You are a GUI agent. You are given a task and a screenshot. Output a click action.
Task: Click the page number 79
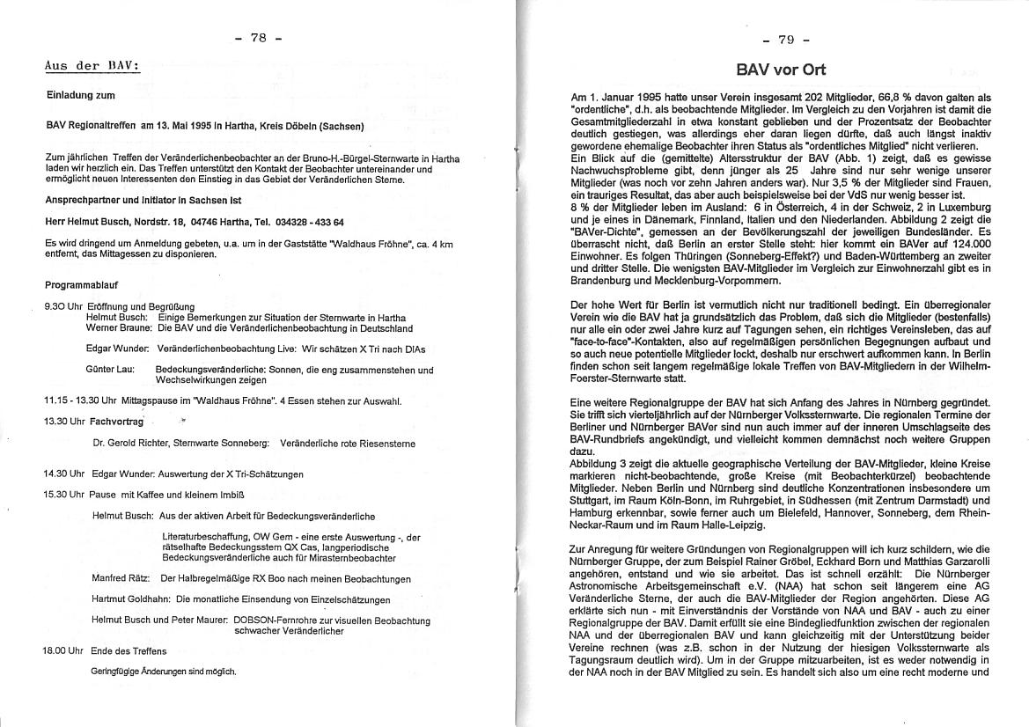click(x=786, y=40)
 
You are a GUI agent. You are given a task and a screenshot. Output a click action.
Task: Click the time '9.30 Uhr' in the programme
click(x=60, y=306)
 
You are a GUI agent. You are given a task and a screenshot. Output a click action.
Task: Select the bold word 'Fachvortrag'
click(x=117, y=421)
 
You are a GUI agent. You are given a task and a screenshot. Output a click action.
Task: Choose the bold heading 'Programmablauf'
click(x=81, y=285)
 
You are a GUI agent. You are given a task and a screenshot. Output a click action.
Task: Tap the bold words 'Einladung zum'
click(x=81, y=95)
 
